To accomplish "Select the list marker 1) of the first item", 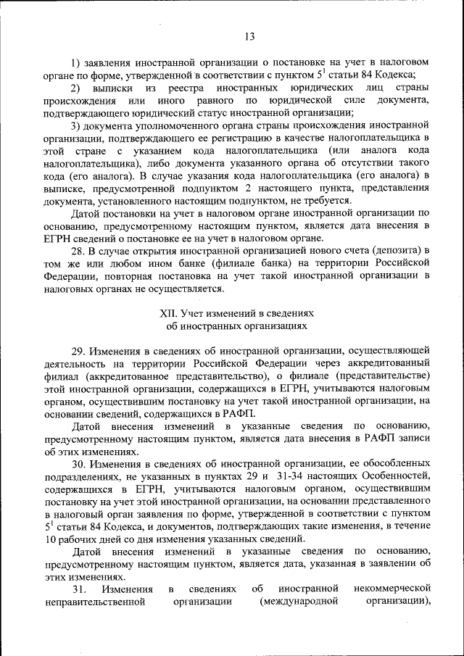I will coord(75,62).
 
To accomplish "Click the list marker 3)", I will coord(75,125).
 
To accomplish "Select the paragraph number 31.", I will coord(80,588).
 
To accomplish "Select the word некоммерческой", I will coord(394,588).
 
